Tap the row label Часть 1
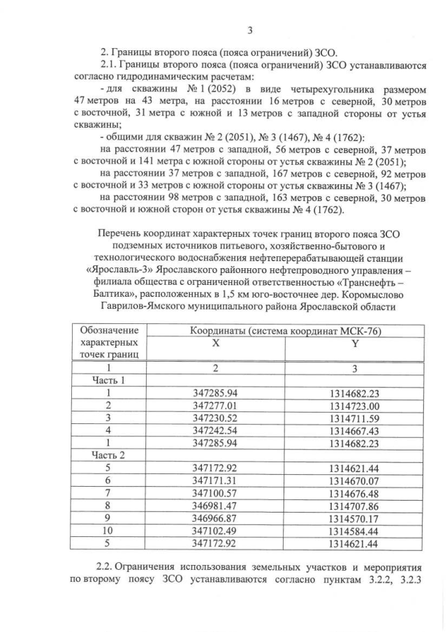coord(108,380)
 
